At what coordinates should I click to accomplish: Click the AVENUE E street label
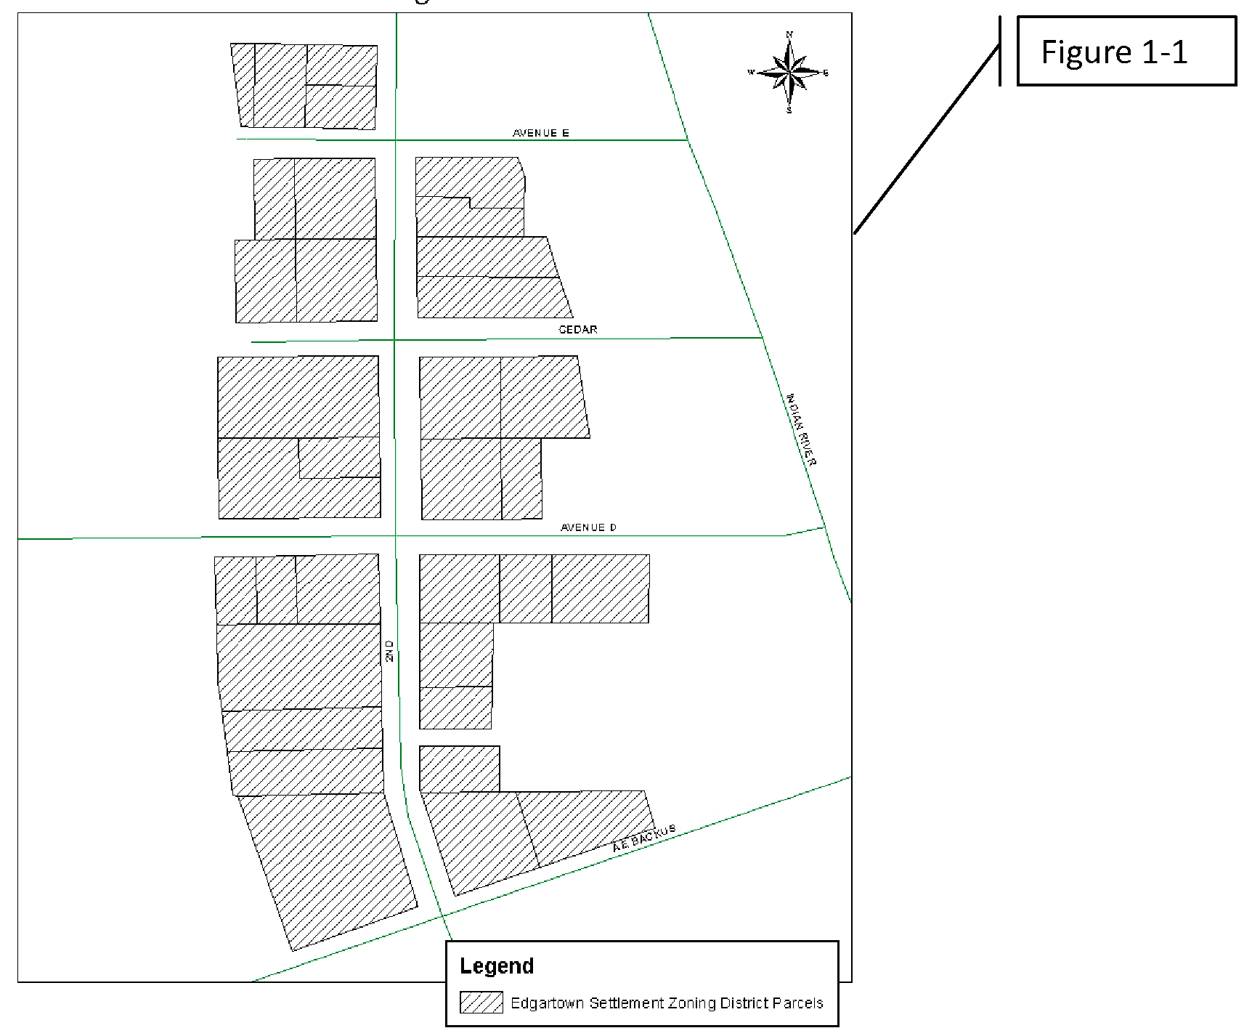coord(540,133)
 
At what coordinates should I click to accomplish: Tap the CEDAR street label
coord(577,329)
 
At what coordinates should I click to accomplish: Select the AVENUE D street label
coord(588,527)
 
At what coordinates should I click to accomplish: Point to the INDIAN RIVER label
coord(802,429)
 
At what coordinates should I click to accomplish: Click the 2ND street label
coord(389,650)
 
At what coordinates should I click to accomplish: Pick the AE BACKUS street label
coord(643,838)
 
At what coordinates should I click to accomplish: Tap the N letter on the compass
coord(789,34)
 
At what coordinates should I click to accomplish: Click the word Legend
coord(497,966)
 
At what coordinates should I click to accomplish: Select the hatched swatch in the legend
coord(481,1003)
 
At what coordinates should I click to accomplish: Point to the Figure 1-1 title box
coord(1126,52)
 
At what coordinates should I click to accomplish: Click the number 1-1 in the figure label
coord(1164,52)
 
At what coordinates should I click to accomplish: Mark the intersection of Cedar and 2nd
coord(394,339)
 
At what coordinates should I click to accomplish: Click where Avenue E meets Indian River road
coord(687,139)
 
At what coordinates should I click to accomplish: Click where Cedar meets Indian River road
coord(762,337)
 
